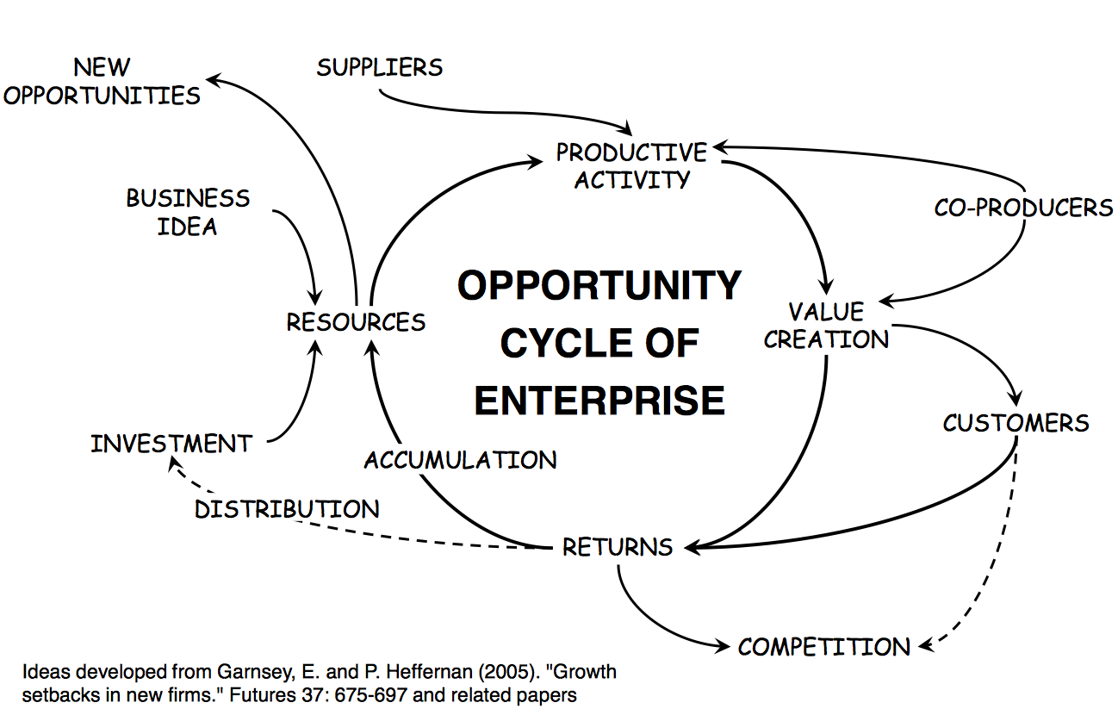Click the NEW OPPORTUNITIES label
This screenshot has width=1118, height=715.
[x=102, y=81]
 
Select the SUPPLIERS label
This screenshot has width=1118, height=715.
[x=379, y=67]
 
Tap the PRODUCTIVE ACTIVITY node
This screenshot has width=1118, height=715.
[x=631, y=165]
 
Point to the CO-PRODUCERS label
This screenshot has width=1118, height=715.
[x=1023, y=208]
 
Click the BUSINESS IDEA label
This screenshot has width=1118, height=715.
[x=188, y=212]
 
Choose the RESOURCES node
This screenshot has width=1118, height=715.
[x=356, y=322]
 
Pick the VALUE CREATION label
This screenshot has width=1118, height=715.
[x=826, y=326]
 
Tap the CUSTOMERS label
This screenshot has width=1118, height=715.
[x=1016, y=423]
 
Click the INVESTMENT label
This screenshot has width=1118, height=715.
[x=171, y=445]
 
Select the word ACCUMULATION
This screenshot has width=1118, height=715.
[x=460, y=460]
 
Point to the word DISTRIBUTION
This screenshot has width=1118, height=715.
[x=286, y=509]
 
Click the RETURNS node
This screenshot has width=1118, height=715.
[x=617, y=547]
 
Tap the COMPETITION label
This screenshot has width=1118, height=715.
[x=823, y=647]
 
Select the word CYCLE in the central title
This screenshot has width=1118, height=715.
[x=550, y=344]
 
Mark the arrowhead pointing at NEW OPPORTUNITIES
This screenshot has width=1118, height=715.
[x=212, y=80]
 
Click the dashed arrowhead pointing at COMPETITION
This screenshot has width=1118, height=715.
[x=923, y=644]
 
